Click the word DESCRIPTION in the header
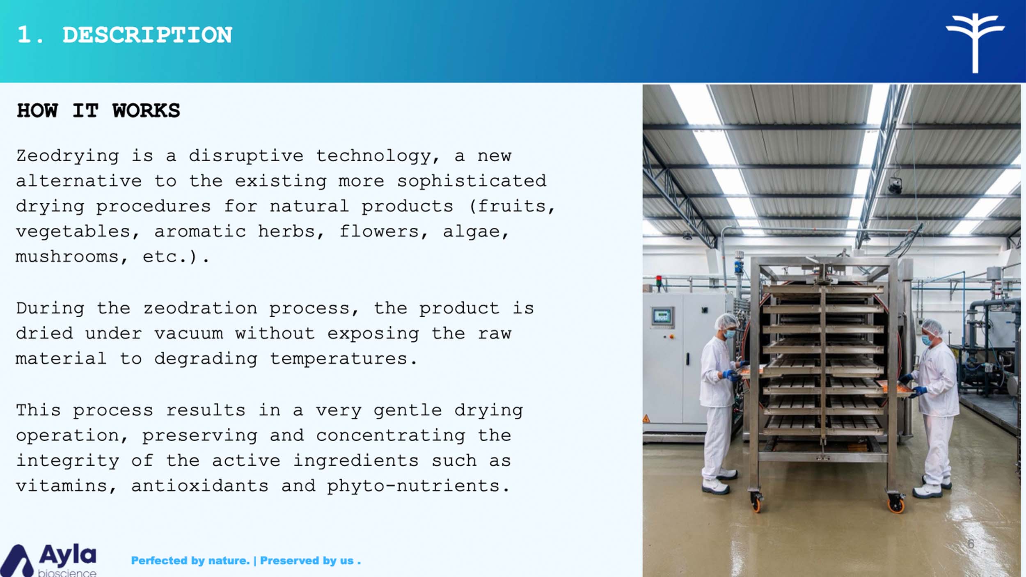147,35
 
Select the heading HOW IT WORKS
98,111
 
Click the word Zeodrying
68,156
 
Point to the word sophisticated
472,181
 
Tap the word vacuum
189,334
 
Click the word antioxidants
200,486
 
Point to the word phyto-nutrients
418,487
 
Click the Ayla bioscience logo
48,560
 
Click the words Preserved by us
310,561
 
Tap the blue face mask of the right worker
927,340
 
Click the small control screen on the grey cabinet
662,316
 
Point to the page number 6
971,544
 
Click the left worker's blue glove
731,375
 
